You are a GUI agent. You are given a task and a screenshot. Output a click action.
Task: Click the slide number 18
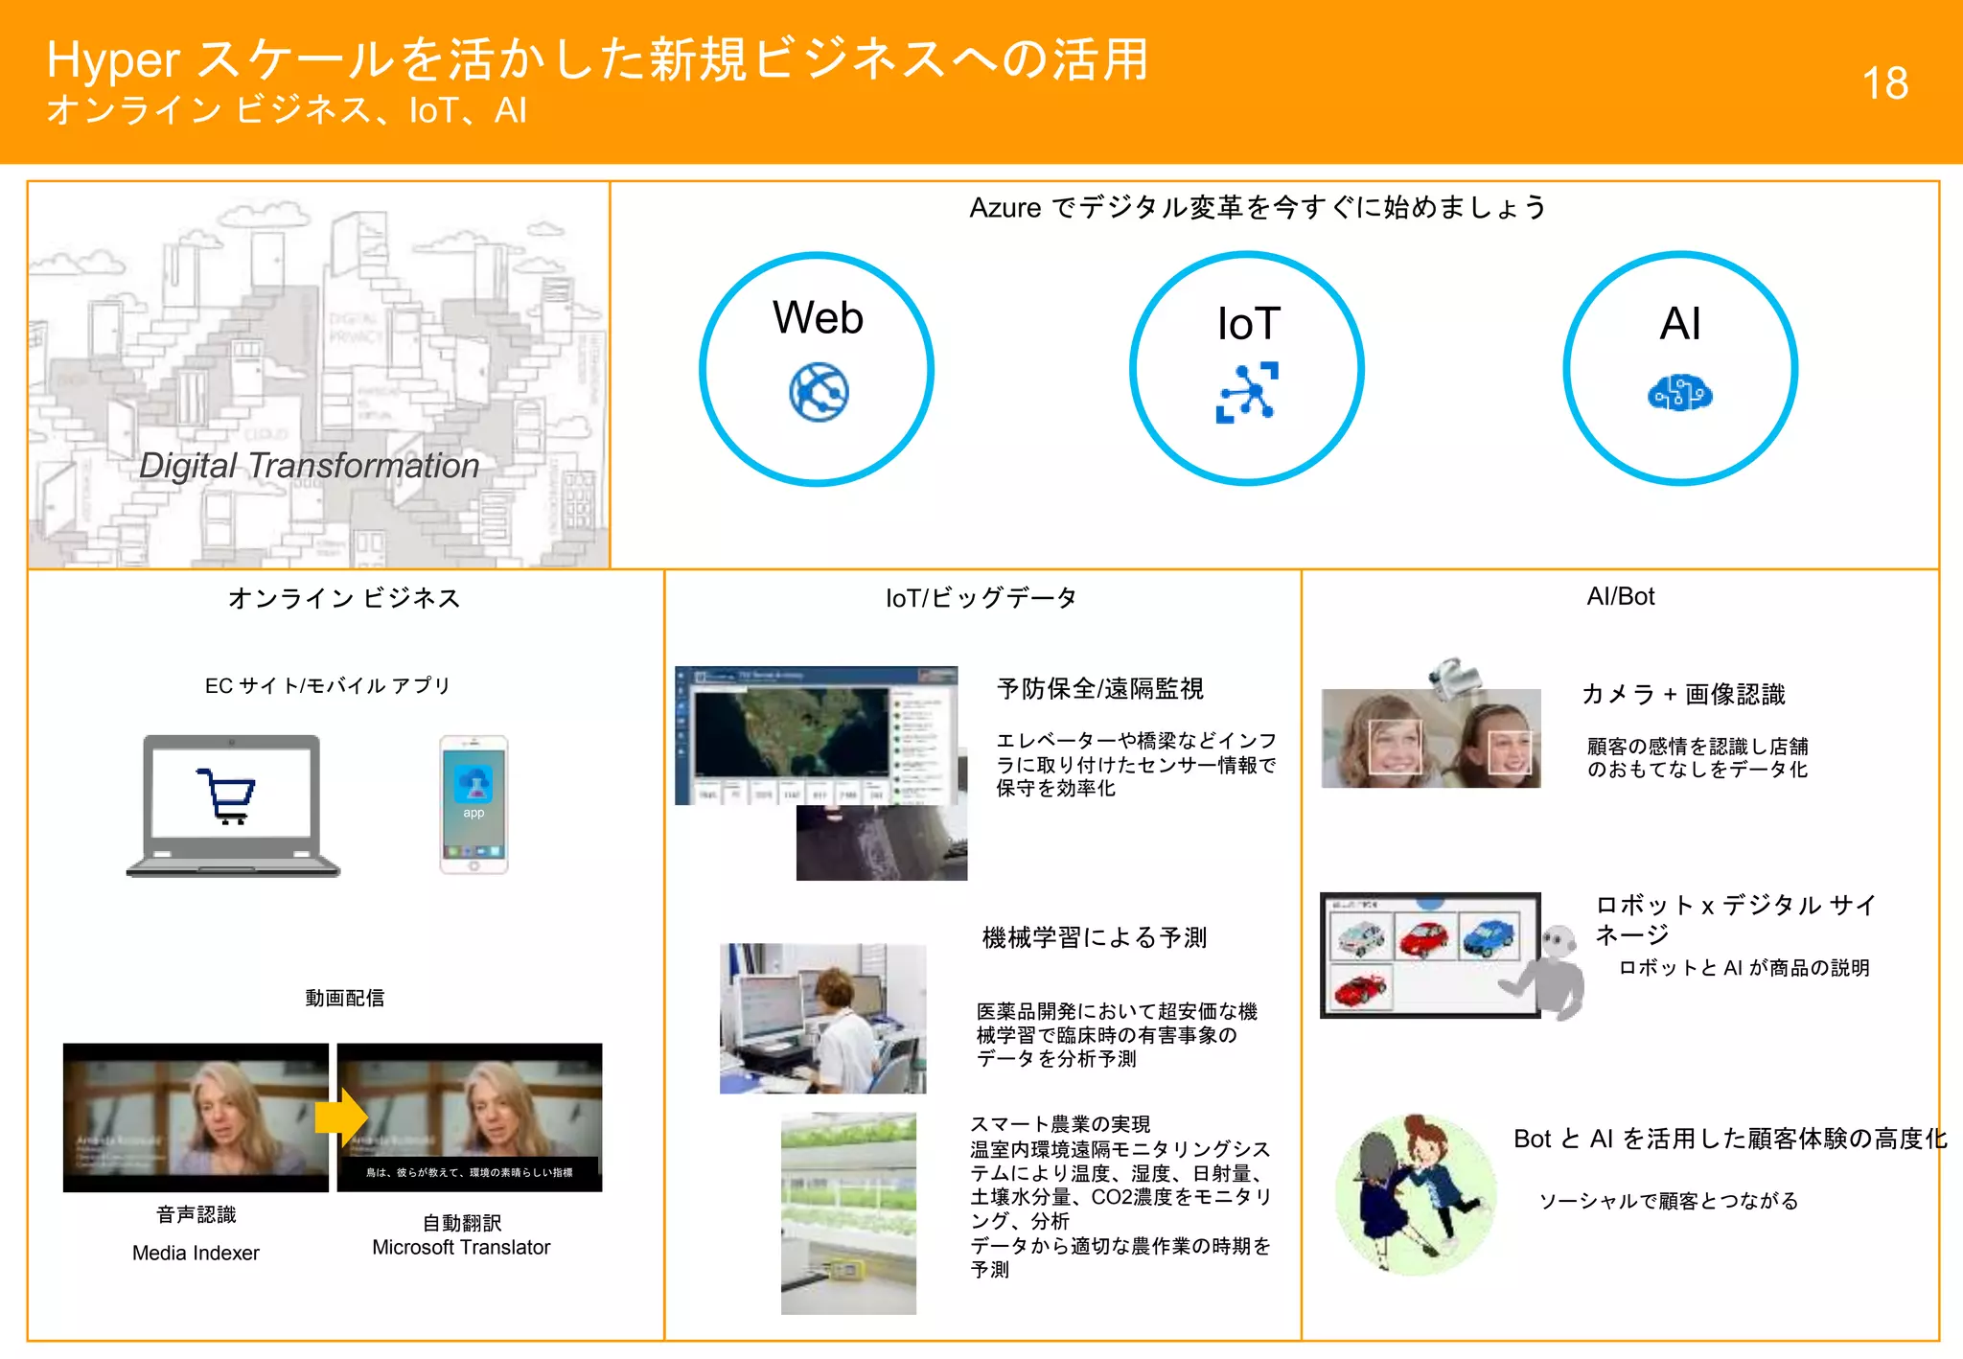point(1884,83)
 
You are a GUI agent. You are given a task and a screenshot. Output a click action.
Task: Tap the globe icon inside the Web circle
point(819,392)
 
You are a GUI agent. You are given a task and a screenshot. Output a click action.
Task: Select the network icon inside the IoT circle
point(1247,392)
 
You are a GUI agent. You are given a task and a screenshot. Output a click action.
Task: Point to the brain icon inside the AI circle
point(1679,393)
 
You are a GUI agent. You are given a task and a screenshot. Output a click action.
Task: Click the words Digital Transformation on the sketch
point(309,466)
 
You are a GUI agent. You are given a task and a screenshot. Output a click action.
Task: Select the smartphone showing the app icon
point(473,804)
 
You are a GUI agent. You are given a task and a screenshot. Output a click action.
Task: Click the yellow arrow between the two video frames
point(340,1117)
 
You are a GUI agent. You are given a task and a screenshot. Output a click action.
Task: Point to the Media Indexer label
point(196,1253)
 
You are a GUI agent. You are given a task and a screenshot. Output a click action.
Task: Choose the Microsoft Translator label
point(461,1247)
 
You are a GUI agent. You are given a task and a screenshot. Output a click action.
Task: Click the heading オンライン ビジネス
point(344,598)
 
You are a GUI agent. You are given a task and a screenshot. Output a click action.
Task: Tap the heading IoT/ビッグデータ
point(981,598)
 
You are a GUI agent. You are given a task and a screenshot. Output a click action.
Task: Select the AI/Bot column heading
point(1620,596)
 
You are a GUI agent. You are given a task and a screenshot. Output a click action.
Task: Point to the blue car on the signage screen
point(1489,936)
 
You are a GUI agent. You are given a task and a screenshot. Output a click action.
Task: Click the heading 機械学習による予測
point(1094,937)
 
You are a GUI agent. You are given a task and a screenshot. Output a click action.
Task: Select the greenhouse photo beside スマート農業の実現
point(848,1212)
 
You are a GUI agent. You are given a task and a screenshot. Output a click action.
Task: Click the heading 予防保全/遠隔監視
point(1099,688)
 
